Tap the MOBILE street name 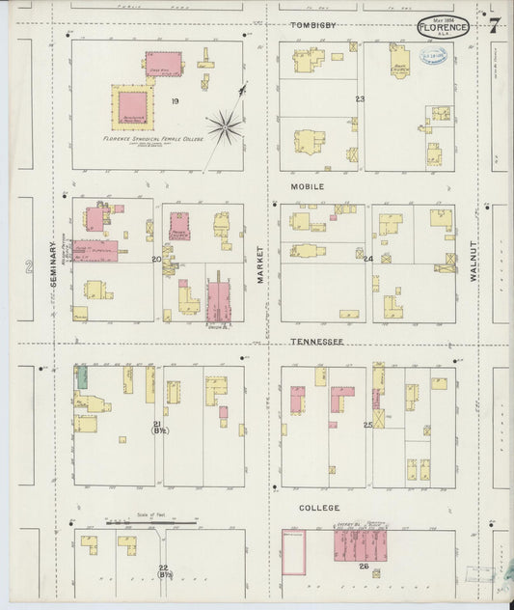point(308,185)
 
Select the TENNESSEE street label point(316,343)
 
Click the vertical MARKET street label point(260,263)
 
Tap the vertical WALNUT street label point(473,261)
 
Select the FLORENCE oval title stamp point(444,27)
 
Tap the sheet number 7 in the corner point(493,25)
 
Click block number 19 point(175,100)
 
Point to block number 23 point(360,99)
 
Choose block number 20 point(156,259)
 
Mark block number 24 point(368,259)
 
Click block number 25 point(367,425)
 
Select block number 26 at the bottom point(364,566)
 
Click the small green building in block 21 point(83,377)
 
